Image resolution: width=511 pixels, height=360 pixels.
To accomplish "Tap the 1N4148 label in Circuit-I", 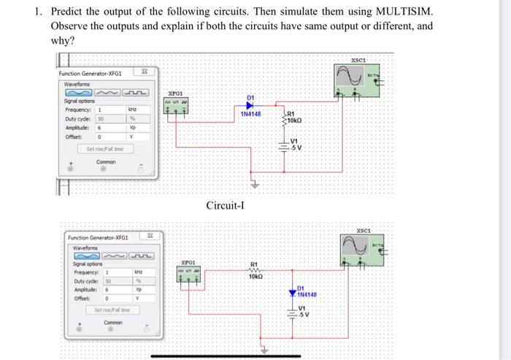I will pyautogui.click(x=251, y=114).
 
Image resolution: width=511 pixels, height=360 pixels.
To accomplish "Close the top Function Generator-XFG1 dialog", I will pyautogui.click(x=144, y=72).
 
